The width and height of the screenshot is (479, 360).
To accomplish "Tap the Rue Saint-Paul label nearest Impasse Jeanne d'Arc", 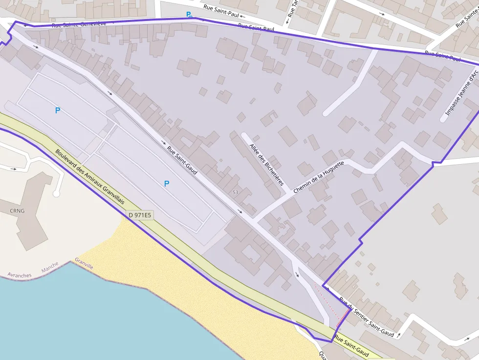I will coord(443,56).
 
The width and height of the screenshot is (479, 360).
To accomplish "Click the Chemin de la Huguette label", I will coord(319,177).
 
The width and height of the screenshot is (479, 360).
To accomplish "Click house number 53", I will coord(235,192).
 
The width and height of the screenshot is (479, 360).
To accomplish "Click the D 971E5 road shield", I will coord(140,214).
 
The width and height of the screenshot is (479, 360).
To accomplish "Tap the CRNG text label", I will coord(16,211).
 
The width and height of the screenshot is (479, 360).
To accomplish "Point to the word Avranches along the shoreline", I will coord(20,275).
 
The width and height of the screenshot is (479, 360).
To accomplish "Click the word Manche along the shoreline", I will coord(50,267).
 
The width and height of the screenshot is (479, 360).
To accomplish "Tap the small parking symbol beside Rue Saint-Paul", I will coord(189,15).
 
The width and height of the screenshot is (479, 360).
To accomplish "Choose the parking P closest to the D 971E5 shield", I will coord(167,184).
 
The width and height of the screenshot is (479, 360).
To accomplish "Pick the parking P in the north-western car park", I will coord(58,111).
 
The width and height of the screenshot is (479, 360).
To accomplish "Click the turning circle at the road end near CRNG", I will coord(56,193).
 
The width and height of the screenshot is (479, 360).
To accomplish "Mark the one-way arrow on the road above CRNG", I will coord(14,169).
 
